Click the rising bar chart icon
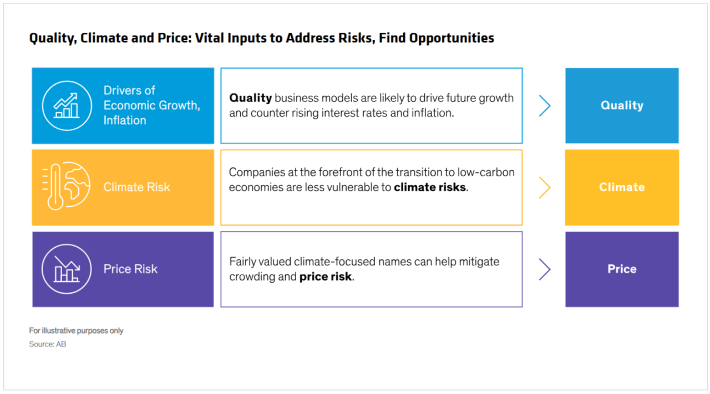67,105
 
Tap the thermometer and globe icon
66,186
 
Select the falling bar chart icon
67,269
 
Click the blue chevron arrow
545,106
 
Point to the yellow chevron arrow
545,187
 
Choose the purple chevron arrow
545,269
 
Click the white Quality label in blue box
622,105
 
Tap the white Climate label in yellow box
622,187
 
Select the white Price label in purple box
622,269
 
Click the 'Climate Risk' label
136,187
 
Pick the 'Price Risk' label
130,269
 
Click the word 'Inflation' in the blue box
125,120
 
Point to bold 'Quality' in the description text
250,98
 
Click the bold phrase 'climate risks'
430,187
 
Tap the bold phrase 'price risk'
326,277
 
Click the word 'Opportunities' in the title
452,38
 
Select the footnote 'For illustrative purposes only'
76,331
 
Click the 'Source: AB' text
48,344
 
